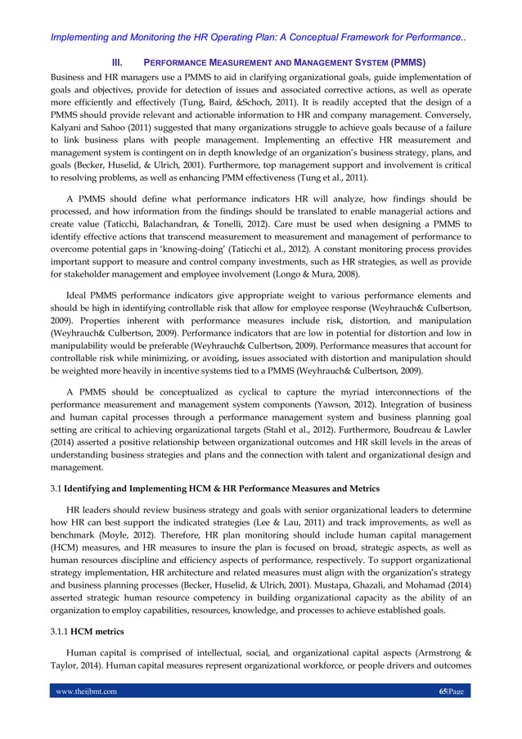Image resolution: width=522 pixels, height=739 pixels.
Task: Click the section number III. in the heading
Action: tap(117, 62)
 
